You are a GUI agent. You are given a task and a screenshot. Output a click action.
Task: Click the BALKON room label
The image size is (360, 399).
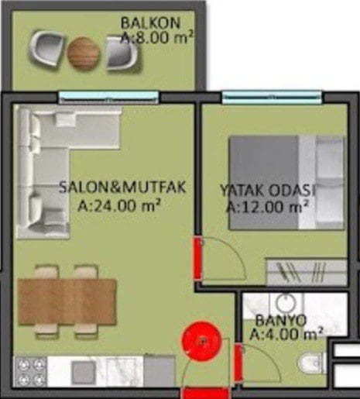click(x=150, y=22)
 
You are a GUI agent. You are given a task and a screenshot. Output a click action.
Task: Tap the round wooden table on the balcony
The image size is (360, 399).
click(x=83, y=53)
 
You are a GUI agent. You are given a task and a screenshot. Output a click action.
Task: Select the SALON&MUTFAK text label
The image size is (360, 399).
click(x=122, y=187)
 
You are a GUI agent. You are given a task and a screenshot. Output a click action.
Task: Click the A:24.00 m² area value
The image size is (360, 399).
click(x=119, y=206)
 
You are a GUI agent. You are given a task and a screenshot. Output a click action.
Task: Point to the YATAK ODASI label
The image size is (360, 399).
click(x=268, y=190)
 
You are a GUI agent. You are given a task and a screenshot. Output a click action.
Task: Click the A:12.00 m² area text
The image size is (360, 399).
click(x=268, y=207)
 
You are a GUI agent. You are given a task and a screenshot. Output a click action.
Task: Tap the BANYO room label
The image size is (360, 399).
click(x=281, y=320)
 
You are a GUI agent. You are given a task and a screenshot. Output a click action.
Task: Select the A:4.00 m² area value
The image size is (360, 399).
click(x=286, y=334)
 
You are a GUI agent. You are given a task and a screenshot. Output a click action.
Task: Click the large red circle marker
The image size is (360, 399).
click(x=202, y=341)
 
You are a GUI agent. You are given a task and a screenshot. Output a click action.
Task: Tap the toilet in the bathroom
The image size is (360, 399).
click(x=311, y=363)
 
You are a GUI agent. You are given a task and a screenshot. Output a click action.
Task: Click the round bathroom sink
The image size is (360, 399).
click(x=286, y=303)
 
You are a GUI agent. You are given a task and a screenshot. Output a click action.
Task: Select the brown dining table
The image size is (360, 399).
click(x=67, y=301)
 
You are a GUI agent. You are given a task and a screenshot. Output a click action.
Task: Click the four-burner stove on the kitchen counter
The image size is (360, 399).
click(x=30, y=371)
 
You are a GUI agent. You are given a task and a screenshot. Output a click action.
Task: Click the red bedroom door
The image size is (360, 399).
click(x=197, y=258)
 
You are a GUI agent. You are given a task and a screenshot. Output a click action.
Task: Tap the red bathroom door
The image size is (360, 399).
click(x=238, y=363)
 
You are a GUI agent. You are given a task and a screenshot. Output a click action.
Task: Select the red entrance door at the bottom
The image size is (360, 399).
click(x=205, y=393)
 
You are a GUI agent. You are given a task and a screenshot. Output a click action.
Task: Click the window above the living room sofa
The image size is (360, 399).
click(x=108, y=98)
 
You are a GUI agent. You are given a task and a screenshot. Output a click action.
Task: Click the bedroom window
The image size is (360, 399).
click(x=273, y=97)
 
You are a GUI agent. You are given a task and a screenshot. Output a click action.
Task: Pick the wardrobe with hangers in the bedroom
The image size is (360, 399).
click(x=307, y=271)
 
